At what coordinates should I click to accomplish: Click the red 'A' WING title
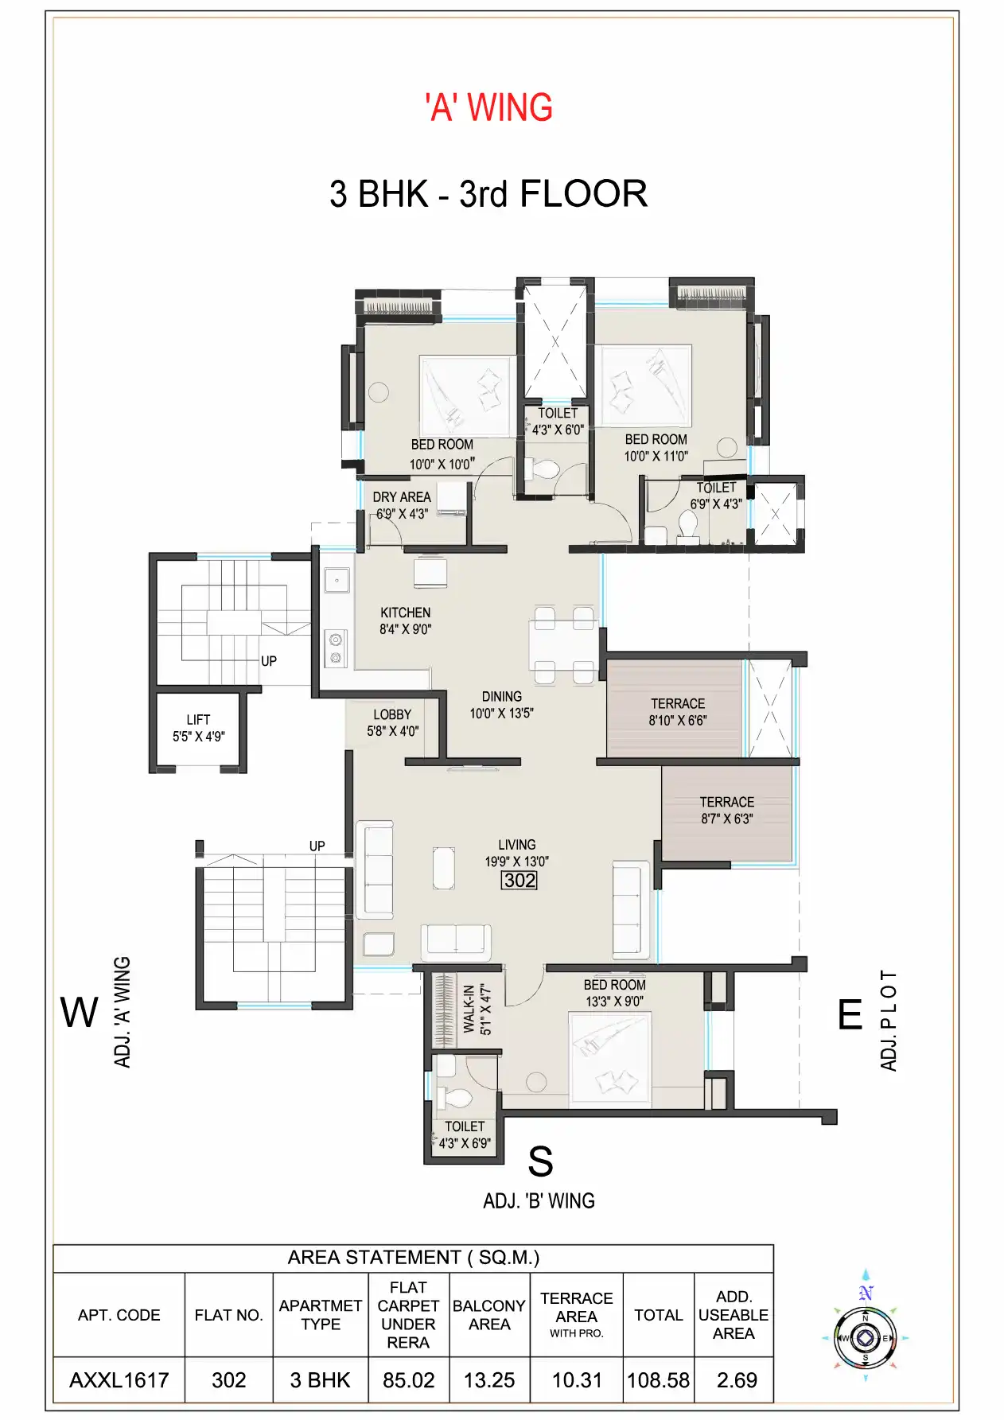pos(488,107)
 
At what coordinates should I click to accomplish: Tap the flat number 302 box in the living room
pos(519,880)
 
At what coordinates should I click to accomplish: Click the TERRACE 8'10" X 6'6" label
pos(677,711)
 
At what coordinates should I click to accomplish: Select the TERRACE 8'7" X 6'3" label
pos(726,810)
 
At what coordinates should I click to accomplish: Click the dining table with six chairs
pos(563,644)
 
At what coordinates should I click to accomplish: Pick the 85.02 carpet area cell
pos(408,1380)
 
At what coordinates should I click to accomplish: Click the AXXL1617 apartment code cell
pos(119,1380)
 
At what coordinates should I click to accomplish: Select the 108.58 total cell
pos(658,1380)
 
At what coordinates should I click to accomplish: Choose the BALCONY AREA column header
pos(488,1315)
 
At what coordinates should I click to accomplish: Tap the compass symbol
pos(866,1338)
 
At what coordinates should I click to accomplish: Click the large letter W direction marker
pos(79,1013)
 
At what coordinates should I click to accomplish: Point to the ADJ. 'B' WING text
pos(539,1200)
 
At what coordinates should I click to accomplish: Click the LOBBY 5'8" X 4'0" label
pos(392,722)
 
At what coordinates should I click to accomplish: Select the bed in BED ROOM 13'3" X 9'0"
pos(609,1058)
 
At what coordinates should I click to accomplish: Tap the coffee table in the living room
pos(444,867)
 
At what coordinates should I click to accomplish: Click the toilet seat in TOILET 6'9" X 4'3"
pos(688,524)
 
